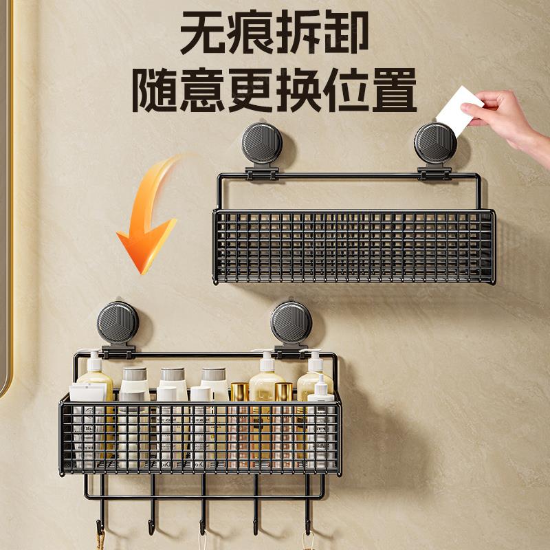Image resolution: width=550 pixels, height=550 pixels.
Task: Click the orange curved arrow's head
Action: pos(147,245)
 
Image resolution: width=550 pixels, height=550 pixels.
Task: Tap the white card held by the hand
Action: pos(459,111)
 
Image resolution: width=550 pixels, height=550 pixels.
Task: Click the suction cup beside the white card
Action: pos(435,143)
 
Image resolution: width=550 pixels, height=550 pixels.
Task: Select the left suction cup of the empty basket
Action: pos(262,143)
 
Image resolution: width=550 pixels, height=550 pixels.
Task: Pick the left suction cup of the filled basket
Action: pos(118,322)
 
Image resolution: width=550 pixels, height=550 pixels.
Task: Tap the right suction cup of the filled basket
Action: pos(291,322)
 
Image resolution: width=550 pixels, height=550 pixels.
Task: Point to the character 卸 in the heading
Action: pos(346,32)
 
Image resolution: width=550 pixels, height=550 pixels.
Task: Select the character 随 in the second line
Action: pos(154,90)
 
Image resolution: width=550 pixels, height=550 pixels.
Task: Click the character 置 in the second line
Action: pos(394,90)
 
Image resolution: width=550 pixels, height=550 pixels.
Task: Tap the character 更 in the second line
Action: pos(250,90)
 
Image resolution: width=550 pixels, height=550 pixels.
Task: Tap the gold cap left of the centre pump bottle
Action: pos(239,391)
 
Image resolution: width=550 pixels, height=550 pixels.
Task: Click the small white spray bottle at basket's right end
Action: pos(320,421)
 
